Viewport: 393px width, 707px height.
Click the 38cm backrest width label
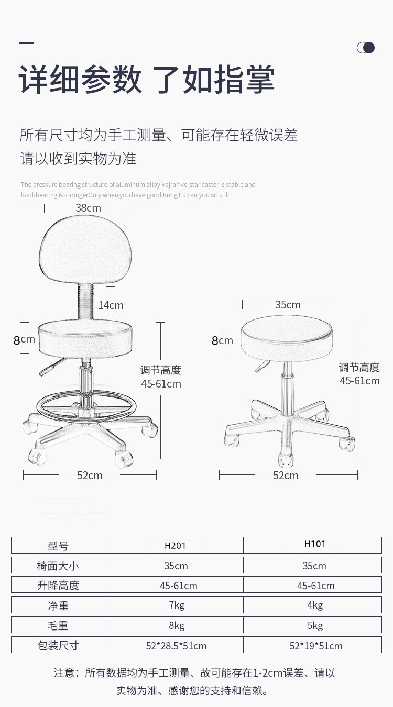point(88,208)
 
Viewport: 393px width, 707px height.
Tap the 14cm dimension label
point(111,305)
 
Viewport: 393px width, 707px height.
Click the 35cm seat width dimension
point(288,304)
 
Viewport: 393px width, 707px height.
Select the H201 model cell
point(175,545)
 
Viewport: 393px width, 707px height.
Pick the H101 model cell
point(315,544)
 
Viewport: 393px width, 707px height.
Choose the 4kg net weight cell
point(315,605)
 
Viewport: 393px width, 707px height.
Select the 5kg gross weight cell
point(315,625)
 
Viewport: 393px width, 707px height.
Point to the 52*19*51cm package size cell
point(315,646)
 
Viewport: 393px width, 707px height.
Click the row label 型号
point(58,546)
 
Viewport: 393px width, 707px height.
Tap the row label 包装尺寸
point(58,646)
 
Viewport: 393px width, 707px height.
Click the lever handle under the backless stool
point(260,366)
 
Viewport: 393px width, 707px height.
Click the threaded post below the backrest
point(85,302)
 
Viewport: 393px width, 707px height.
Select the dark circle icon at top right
point(369,48)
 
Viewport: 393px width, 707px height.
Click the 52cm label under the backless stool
point(286,476)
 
